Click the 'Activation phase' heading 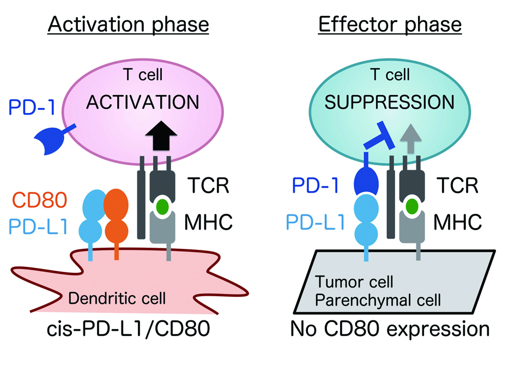[129, 25]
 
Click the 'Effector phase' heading [390, 25]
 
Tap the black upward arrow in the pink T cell [161, 135]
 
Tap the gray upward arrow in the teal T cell [410, 139]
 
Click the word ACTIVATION [143, 102]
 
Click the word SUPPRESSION [390, 102]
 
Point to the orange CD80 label [40, 200]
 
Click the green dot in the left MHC [162, 207]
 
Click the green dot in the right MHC [412, 207]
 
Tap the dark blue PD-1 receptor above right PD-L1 [366, 178]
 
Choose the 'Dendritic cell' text [117, 298]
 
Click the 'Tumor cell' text [354, 282]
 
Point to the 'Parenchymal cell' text [378, 300]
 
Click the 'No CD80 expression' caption [390, 328]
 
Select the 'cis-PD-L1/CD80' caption [129, 328]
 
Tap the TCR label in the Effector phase [457, 185]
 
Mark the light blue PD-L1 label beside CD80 [38, 226]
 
